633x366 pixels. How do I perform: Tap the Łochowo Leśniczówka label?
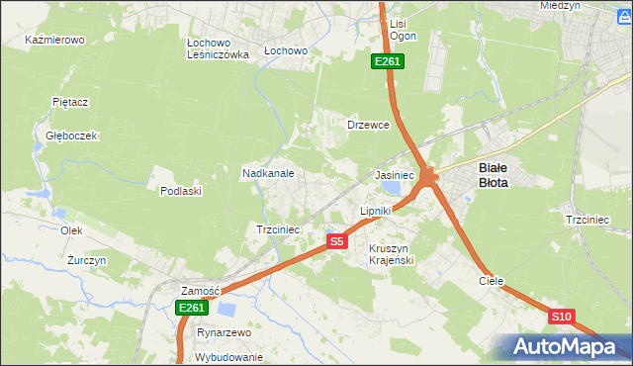click(218, 49)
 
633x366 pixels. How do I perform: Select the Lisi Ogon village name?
click(403, 29)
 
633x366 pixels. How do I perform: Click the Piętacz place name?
click(71, 102)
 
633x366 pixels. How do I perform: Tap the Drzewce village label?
click(368, 126)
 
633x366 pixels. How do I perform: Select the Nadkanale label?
click(268, 173)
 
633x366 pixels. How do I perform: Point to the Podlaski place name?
click(181, 191)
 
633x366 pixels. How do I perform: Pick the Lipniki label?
click(376, 211)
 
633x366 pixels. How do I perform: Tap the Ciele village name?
click(492, 281)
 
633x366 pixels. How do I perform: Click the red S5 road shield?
click(337, 241)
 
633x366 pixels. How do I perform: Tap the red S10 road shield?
click(561, 317)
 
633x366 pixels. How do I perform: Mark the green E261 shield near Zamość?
click(192, 308)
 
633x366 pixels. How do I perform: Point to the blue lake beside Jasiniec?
click(393, 187)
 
